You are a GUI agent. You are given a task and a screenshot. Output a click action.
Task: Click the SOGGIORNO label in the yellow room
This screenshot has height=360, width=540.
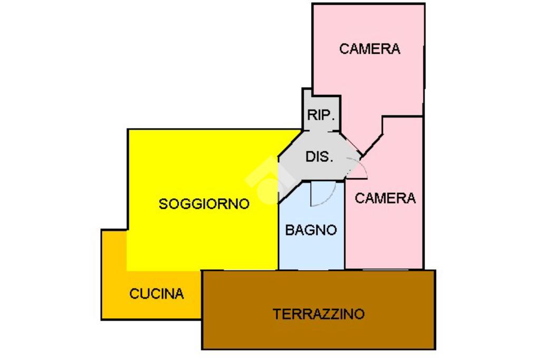pos(204,203)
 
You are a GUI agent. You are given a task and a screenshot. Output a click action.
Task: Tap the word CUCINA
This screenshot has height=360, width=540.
pos(157,294)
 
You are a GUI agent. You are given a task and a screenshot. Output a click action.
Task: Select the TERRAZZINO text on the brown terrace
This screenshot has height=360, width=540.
pos(319,314)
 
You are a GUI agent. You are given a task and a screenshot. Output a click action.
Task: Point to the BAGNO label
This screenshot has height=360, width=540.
pos(311,230)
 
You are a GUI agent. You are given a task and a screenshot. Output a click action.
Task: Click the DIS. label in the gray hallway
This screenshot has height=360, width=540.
pos(319,157)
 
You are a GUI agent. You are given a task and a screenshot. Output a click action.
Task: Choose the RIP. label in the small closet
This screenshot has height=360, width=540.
pos(321,115)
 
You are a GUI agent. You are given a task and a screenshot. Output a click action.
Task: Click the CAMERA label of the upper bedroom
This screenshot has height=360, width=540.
pos(369,49)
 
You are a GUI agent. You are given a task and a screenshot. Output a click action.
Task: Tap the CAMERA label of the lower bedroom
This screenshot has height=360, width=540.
pos(385,198)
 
